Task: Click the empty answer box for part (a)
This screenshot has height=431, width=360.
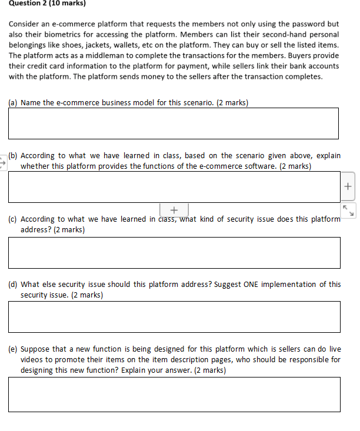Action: click(174, 123)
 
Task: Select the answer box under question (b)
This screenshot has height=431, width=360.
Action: click(174, 188)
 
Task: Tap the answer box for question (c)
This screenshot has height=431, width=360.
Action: click(174, 253)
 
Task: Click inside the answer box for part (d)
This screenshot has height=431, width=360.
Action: click(174, 317)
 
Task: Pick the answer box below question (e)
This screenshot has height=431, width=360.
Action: click(174, 394)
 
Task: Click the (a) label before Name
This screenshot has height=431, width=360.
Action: click(13, 103)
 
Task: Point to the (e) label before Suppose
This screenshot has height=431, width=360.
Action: click(13, 349)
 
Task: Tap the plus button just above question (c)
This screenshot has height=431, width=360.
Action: click(174, 210)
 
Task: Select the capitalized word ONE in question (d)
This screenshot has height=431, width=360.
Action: click(250, 285)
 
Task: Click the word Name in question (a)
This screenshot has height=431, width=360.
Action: click(31, 103)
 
